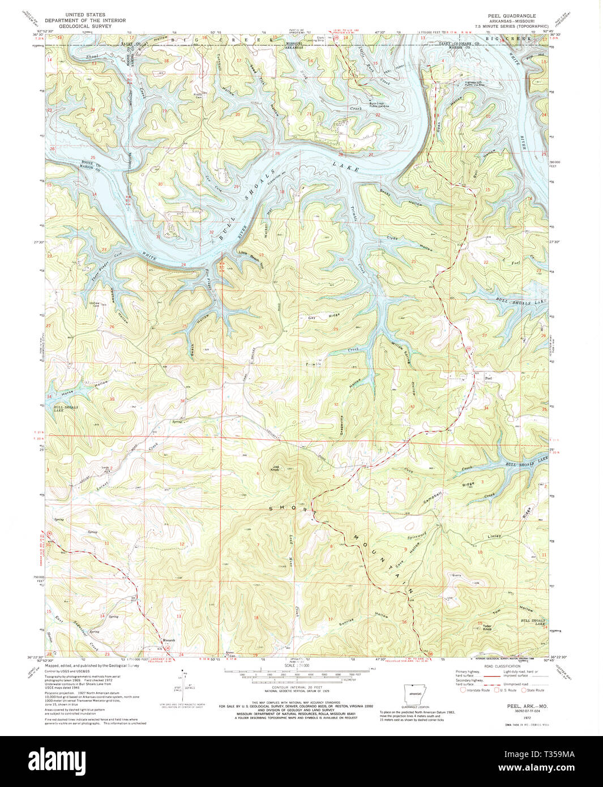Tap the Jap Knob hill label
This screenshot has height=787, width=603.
[276, 468]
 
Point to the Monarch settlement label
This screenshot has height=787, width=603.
[170, 640]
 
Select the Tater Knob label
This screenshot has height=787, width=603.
[486, 627]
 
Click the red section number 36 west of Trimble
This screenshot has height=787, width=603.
[182, 401]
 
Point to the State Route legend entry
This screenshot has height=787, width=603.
[535, 690]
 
